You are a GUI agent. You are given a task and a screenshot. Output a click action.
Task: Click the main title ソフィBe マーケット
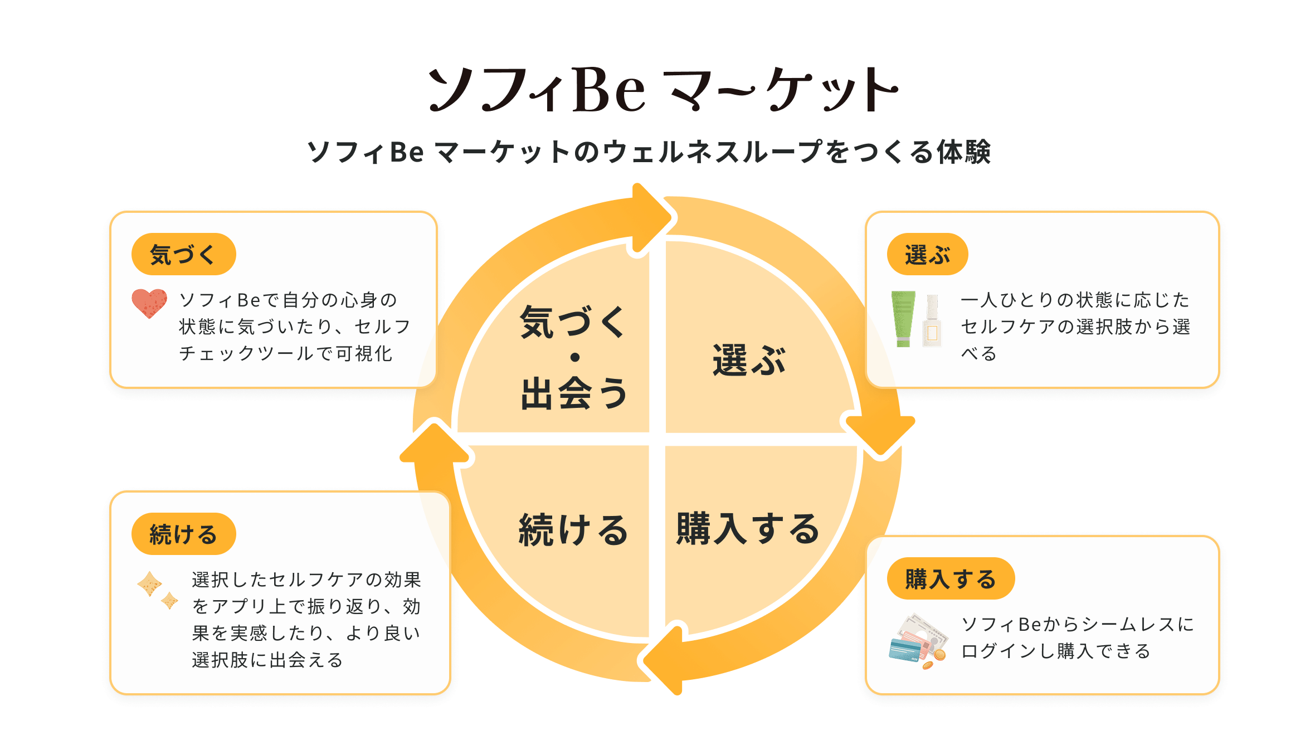click(x=663, y=89)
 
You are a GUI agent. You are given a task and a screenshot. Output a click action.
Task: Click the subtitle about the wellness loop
click(x=649, y=152)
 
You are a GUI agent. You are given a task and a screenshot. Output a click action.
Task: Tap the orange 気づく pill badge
click(x=184, y=254)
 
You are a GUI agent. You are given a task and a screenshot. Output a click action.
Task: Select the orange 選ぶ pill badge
click(x=927, y=254)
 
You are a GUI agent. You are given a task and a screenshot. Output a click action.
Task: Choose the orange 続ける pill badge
click(x=184, y=534)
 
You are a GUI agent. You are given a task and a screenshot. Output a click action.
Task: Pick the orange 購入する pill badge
click(x=951, y=578)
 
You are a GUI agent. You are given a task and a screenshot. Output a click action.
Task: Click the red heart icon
click(x=149, y=303)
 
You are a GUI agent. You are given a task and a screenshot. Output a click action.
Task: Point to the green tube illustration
click(x=903, y=319)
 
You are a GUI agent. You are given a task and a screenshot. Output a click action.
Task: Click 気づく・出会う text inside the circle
click(x=574, y=357)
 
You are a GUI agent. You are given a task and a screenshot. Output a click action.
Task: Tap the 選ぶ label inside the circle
click(x=749, y=360)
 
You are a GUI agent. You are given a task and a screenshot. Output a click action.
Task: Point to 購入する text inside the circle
click(x=748, y=528)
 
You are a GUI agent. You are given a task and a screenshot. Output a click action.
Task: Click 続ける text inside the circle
click(x=573, y=529)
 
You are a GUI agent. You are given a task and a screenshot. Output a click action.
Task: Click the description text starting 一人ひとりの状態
click(x=1075, y=327)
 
